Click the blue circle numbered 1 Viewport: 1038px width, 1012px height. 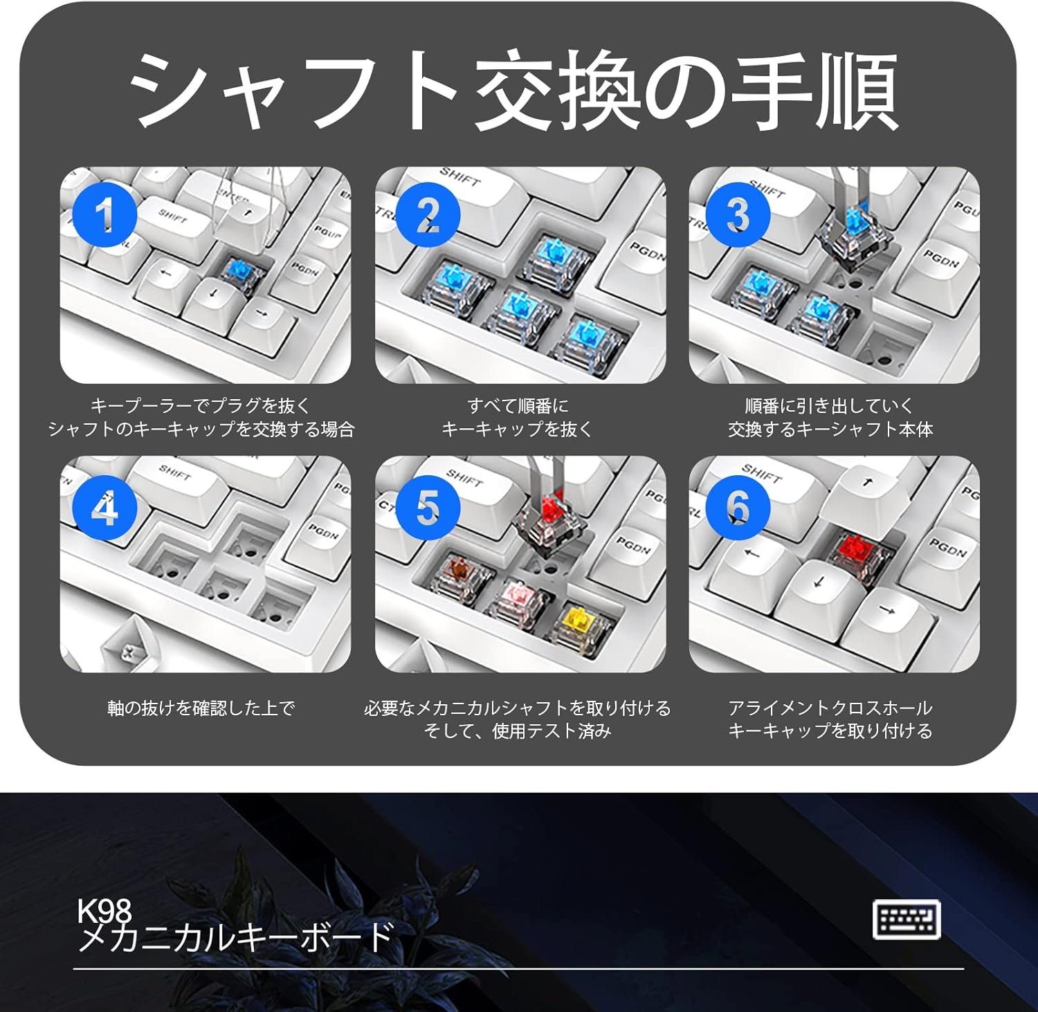point(104,214)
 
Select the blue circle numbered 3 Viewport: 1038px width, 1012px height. point(738,214)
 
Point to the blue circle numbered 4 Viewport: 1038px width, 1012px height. point(104,510)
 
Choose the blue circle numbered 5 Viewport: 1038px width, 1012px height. point(428,506)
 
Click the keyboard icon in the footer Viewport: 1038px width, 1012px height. point(907,919)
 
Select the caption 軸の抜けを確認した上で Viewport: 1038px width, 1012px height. point(201,708)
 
